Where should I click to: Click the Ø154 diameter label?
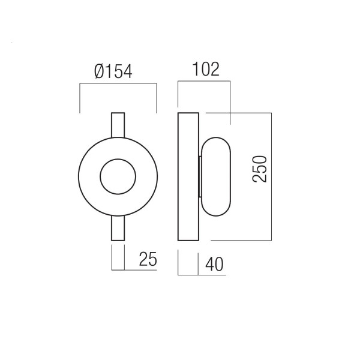tap(113, 71)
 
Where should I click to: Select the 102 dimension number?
tap(206, 69)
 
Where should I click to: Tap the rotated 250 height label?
tap(260, 169)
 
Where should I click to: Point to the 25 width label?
tap(148, 259)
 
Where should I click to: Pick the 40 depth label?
tap(214, 264)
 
